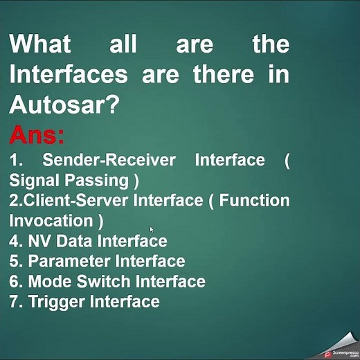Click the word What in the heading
(x=40, y=44)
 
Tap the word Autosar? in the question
(x=64, y=105)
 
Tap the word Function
(x=255, y=201)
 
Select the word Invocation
(x=51, y=221)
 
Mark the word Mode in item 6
(x=50, y=281)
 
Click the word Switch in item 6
(x=104, y=281)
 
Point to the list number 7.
(x=14, y=301)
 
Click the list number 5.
(x=14, y=261)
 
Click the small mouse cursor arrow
(x=152, y=229)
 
